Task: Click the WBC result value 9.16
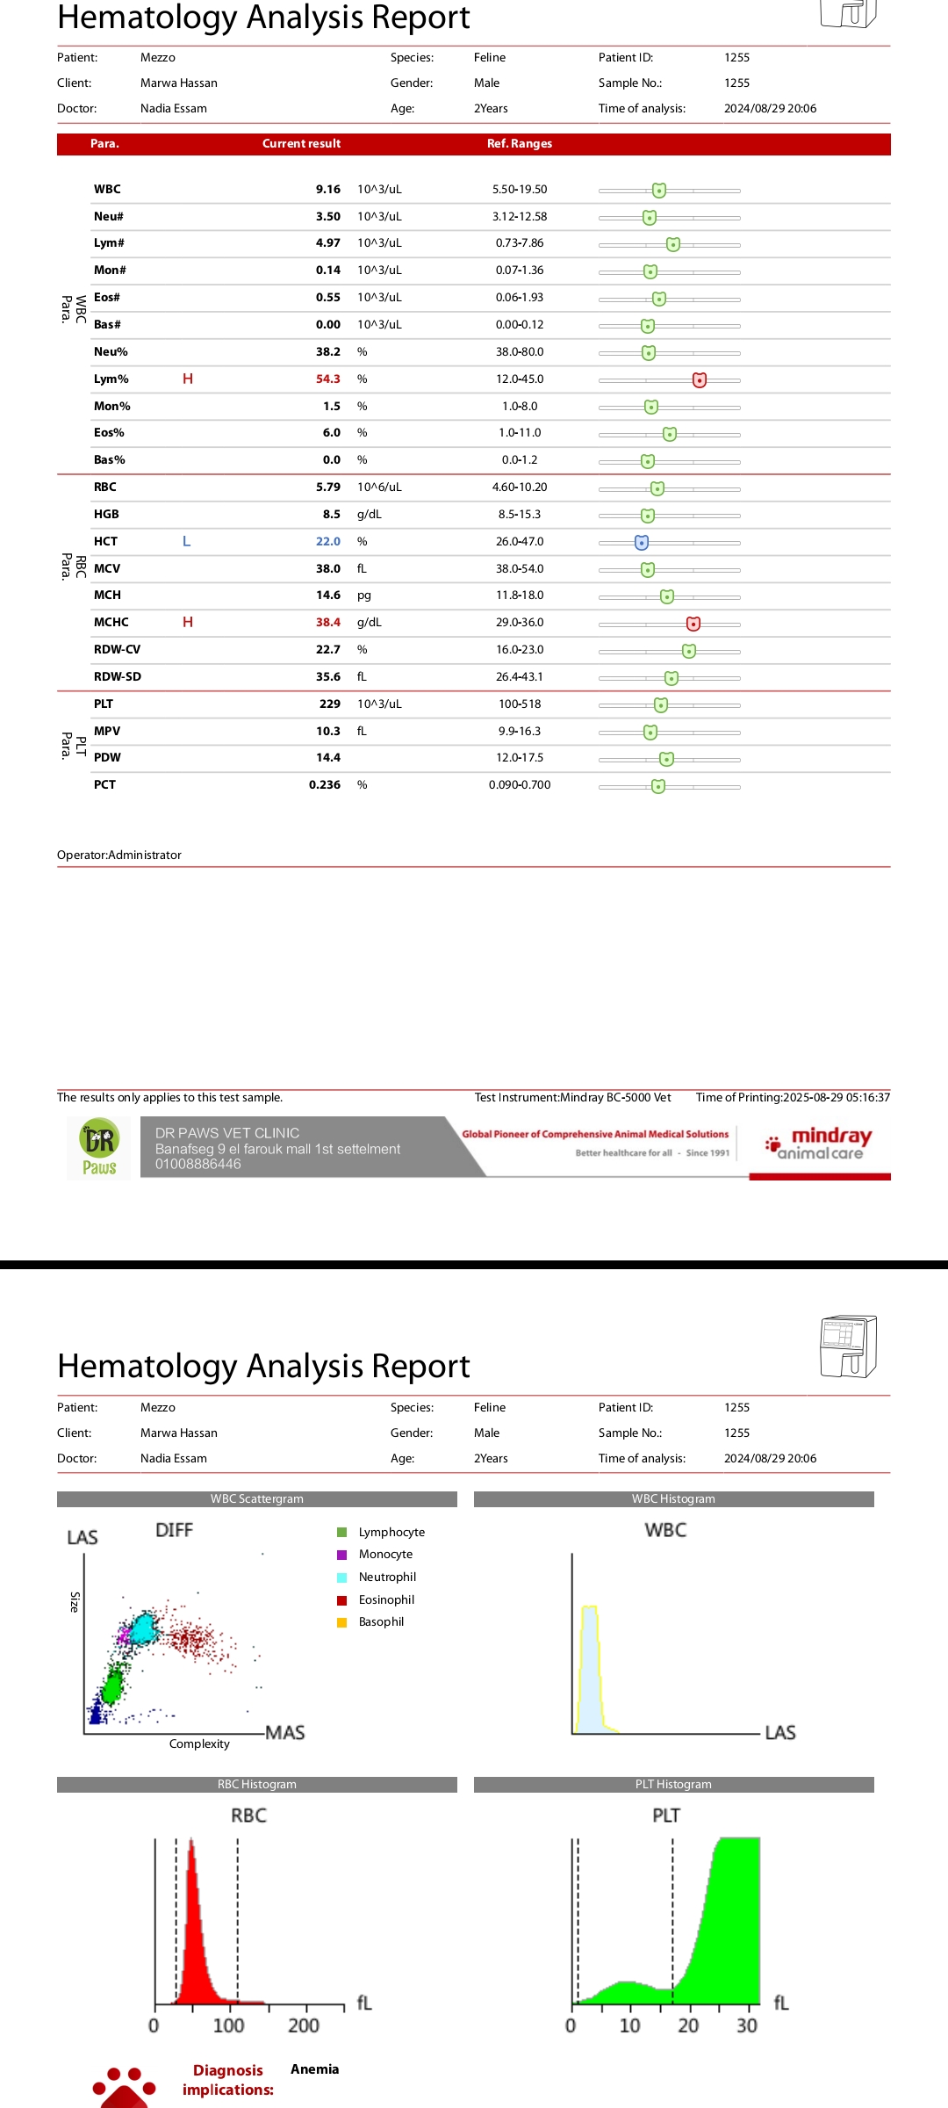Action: (327, 190)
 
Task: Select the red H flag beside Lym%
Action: (188, 379)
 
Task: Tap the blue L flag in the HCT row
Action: (186, 541)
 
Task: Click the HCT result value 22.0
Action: (327, 542)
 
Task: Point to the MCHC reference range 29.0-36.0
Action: (520, 623)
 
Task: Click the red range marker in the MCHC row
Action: (693, 624)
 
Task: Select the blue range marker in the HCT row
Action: (642, 543)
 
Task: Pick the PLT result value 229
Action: (330, 704)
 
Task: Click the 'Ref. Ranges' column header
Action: (520, 144)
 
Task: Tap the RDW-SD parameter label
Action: (118, 677)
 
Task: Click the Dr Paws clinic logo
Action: (99, 1148)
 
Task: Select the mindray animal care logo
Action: (820, 1144)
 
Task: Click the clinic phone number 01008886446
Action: (198, 1165)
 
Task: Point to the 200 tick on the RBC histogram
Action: (304, 2025)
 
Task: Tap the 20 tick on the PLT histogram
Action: (688, 2025)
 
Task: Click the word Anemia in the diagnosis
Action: (314, 2069)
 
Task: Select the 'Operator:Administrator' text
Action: (119, 855)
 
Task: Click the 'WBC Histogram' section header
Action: (673, 1499)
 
